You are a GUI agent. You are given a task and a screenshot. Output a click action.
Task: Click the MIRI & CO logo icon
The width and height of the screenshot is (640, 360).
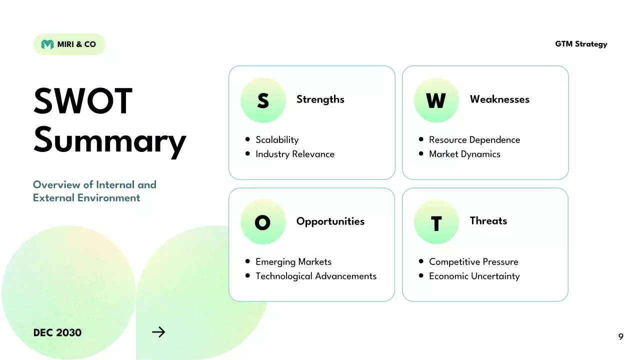click(x=47, y=44)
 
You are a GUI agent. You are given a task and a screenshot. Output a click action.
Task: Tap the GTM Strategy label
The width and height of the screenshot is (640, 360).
click(x=581, y=44)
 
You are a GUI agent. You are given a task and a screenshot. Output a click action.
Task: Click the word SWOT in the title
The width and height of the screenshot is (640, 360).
click(x=83, y=101)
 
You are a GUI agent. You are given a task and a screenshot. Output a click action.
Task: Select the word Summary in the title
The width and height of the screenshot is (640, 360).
click(x=109, y=140)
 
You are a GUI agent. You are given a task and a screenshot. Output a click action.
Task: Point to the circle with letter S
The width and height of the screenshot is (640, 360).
click(x=263, y=100)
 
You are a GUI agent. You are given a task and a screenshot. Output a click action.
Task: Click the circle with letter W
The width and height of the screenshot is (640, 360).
click(x=436, y=100)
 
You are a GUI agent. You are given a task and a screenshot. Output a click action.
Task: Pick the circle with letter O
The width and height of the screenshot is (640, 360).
click(x=263, y=222)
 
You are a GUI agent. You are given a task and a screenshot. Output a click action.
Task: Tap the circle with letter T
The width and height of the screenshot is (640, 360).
click(x=436, y=222)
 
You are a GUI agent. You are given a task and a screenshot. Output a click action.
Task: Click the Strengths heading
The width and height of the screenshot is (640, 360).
click(x=320, y=99)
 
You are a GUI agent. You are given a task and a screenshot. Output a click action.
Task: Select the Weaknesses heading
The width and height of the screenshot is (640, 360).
click(x=499, y=99)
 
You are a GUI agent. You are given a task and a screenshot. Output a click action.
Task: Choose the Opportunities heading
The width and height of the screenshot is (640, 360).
click(x=330, y=221)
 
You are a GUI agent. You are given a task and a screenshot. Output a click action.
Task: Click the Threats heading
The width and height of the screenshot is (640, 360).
click(x=488, y=220)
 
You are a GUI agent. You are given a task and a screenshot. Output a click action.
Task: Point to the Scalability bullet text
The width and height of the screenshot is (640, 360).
click(x=277, y=140)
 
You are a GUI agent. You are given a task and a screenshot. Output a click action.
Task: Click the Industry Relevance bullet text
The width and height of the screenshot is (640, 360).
click(x=294, y=154)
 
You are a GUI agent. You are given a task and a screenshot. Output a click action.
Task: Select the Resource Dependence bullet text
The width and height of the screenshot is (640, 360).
click(x=474, y=140)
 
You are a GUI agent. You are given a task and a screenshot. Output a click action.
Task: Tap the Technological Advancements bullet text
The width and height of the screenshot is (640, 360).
click(x=315, y=276)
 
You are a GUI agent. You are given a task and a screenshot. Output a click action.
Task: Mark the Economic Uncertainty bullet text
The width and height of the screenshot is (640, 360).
click(x=474, y=276)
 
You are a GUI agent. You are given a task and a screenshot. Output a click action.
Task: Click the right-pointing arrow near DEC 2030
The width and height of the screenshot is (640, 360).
click(x=158, y=332)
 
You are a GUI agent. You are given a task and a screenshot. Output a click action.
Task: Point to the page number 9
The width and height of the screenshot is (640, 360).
click(x=620, y=337)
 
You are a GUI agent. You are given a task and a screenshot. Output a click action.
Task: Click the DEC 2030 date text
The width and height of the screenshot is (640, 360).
click(x=57, y=332)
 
